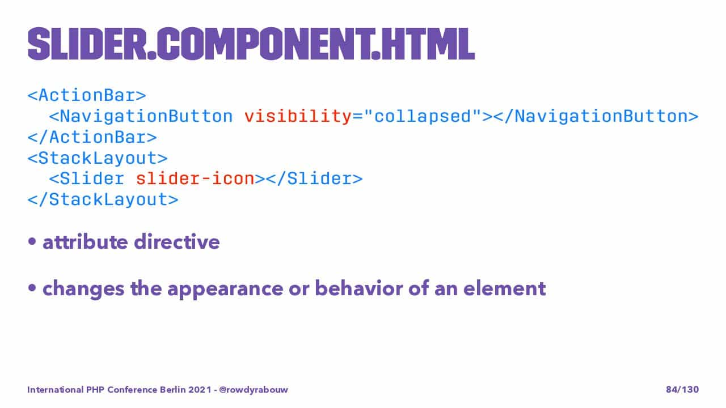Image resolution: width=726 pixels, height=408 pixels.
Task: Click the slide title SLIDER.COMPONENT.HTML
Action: [x=251, y=44]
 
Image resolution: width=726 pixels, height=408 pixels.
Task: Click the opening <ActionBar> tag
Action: [x=87, y=96]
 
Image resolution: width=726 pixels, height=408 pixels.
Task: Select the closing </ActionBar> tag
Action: [x=92, y=137]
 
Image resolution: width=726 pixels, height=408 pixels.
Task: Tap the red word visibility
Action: [x=298, y=117]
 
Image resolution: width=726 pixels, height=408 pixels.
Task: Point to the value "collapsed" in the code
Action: [x=423, y=117]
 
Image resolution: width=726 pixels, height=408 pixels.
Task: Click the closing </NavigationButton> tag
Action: [x=596, y=117]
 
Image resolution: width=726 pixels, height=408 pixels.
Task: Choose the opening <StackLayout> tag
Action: [x=98, y=158]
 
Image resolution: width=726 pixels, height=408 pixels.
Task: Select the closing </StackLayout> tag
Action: [x=103, y=199]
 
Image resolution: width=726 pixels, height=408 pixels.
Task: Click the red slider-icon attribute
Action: [x=195, y=178]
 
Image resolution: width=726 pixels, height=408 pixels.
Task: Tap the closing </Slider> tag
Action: [x=314, y=178]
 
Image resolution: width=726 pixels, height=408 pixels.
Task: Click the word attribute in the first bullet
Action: [x=85, y=242]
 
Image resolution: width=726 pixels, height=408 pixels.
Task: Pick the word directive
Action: [x=177, y=241]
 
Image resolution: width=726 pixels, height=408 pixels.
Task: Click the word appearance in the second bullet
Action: [x=225, y=290]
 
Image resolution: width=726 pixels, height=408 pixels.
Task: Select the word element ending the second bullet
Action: [x=505, y=288]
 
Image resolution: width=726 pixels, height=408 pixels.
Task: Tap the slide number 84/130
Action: [x=682, y=389]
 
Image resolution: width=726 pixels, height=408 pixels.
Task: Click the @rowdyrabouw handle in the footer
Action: [x=254, y=389]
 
